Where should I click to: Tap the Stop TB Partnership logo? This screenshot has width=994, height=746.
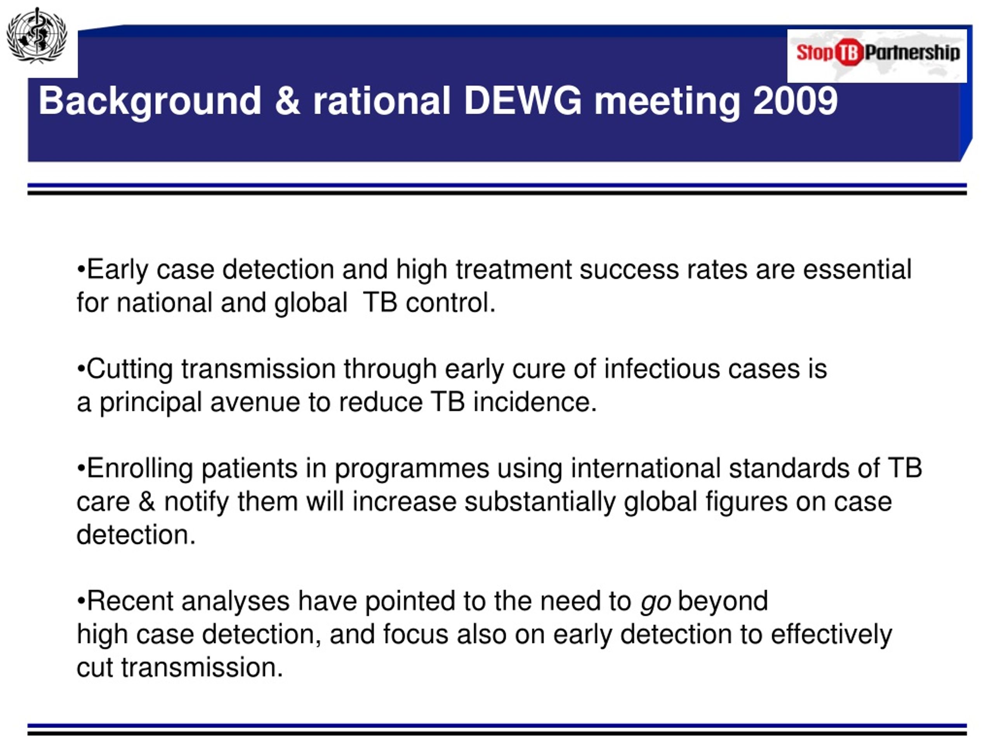click(877, 56)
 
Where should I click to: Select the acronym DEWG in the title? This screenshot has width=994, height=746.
click(523, 101)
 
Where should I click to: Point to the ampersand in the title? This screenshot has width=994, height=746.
click(287, 101)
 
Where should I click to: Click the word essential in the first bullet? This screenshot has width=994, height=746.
click(857, 270)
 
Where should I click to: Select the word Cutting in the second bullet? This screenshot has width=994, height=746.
click(129, 370)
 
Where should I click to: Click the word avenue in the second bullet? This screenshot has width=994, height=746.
click(255, 403)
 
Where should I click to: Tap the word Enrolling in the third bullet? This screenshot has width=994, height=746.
click(140, 469)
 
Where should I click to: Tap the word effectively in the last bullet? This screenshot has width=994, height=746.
click(831, 635)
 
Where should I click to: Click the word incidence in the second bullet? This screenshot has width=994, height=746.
click(535, 402)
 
